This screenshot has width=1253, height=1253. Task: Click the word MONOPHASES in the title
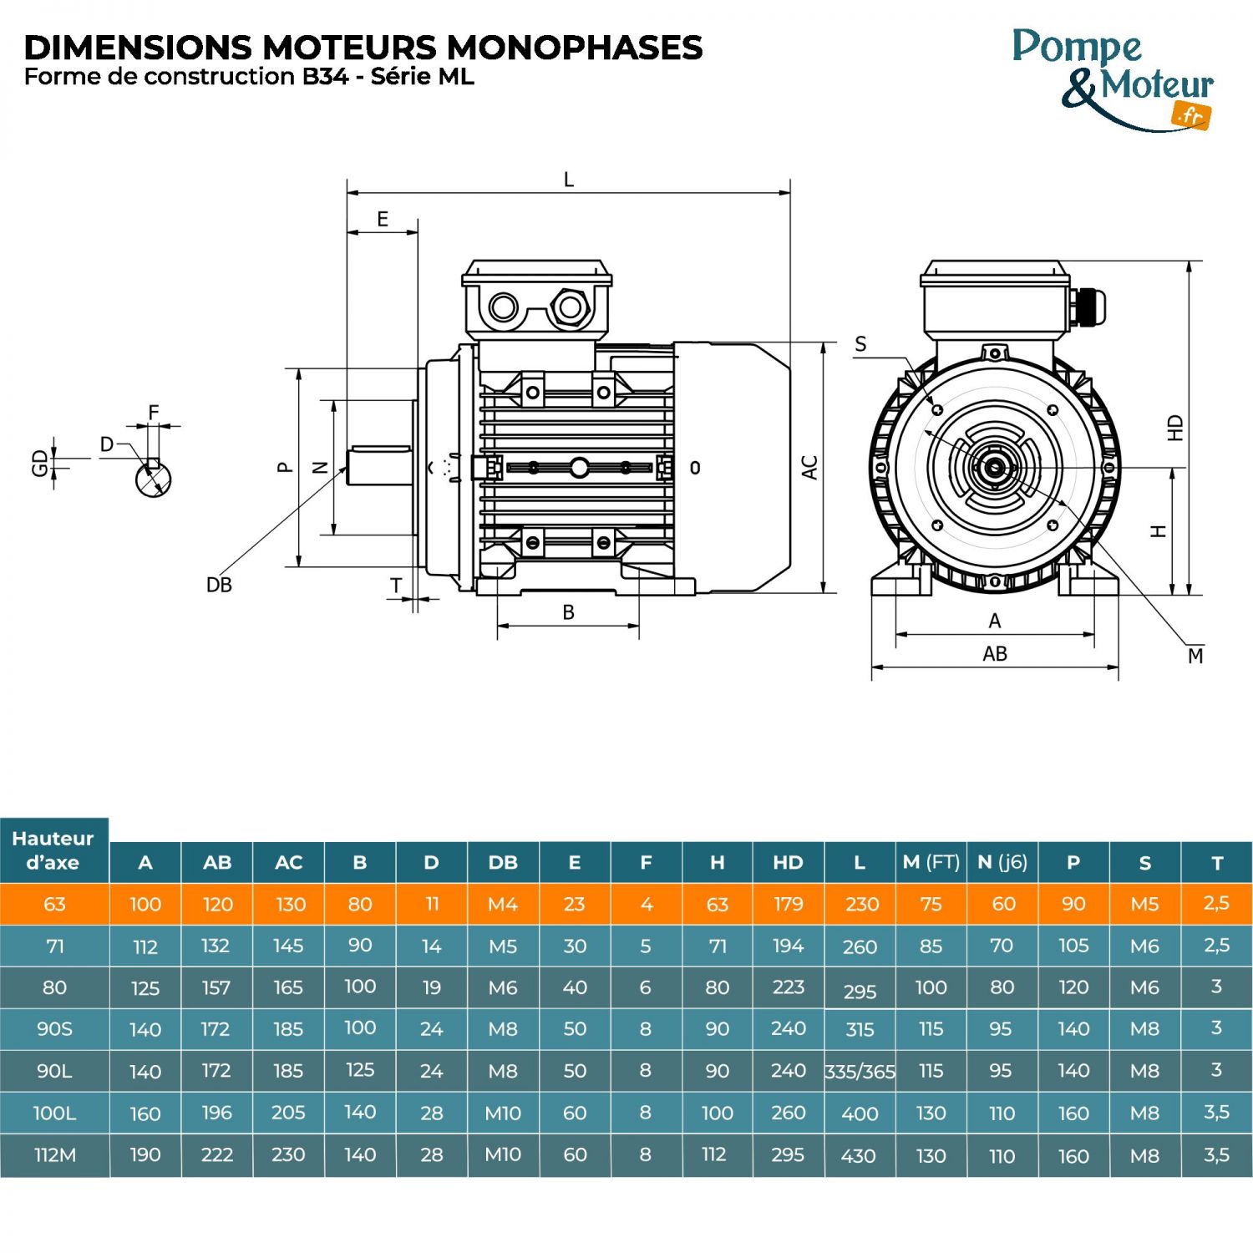pos(574,48)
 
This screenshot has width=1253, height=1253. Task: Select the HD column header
pos(788,863)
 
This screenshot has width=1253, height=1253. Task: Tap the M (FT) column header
pos(931,863)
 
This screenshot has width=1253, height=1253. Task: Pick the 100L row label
pos(54,1113)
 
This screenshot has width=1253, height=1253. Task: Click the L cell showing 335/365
pos(860,1072)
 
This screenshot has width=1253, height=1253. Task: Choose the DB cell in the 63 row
pos(503,905)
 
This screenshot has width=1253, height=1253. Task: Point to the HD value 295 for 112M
pos(788,1155)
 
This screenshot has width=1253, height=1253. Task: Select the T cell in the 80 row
pos(1216,987)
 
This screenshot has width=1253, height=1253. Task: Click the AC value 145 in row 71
pos(288,946)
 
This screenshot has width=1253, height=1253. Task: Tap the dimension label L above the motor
pos(569,180)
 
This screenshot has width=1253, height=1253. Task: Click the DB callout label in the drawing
pos(219,585)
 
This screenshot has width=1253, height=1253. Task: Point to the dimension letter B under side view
pos(569,612)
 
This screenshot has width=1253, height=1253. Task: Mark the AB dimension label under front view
pos(994,654)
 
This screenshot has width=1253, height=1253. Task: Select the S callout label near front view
pos(860,344)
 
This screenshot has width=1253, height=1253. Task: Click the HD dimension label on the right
pos(1175,428)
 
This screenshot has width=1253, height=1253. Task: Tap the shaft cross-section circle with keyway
pos(153,479)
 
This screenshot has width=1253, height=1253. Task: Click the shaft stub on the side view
pos(382,466)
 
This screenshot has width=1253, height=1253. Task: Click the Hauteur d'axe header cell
pos(54,850)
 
